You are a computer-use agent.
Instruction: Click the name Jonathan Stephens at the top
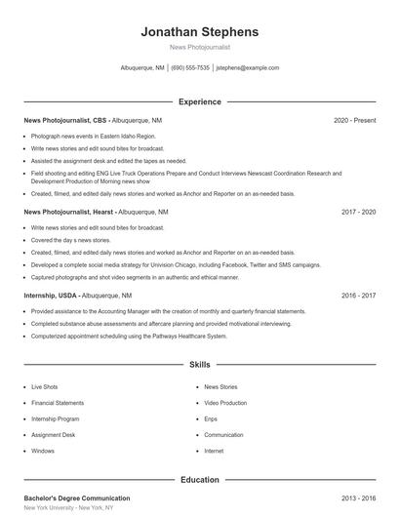point(199,31)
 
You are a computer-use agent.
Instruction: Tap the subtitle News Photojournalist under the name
point(199,47)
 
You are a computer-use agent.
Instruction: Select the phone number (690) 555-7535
point(190,68)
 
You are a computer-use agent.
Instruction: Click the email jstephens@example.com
point(248,68)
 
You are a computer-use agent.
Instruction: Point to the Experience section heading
point(199,101)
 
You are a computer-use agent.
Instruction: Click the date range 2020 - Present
point(354,120)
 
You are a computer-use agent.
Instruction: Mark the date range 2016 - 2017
point(358,294)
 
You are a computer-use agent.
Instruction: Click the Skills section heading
point(199,364)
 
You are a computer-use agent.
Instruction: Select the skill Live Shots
point(45,387)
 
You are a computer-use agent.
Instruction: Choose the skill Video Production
point(225,403)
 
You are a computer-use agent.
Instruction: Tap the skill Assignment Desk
point(53,435)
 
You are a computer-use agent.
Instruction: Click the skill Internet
point(214,451)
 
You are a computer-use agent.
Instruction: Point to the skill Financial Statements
point(58,403)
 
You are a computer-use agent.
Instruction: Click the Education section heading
point(199,479)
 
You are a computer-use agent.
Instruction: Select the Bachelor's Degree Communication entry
point(76,497)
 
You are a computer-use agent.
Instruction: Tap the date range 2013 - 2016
point(358,497)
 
